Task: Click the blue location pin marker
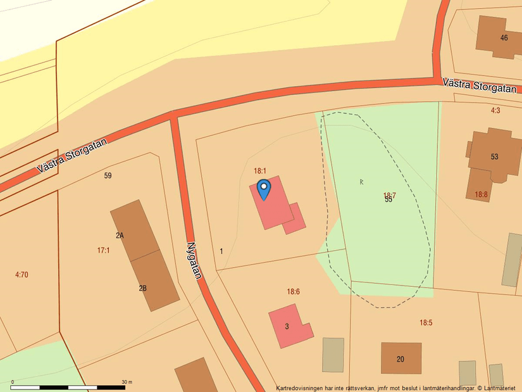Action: (x=264, y=189)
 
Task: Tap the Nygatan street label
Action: (x=194, y=260)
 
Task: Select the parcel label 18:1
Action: (x=260, y=171)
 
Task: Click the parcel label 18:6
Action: (x=293, y=292)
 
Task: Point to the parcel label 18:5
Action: (x=426, y=323)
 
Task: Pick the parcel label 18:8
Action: (x=482, y=194)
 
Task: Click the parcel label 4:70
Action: (x=22, y=275)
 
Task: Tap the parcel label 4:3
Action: (x=495, y=110)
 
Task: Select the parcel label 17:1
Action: (x=103, y=251)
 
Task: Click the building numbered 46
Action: (x=503, y=37)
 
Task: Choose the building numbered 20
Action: (x=401, y=358)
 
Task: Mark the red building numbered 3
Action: (x=288, y=326)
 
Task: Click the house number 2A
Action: (x=120, y=236)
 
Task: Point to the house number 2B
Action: (x=142, y=288)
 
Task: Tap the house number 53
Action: (x=494, y=156)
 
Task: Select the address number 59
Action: (x=108, y=175)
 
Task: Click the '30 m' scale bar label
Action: (x=127, y=382)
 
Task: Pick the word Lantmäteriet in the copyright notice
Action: (x=499, y=388)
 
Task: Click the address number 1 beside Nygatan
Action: (x=221, y=251)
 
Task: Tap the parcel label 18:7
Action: (x=389, y=196)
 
